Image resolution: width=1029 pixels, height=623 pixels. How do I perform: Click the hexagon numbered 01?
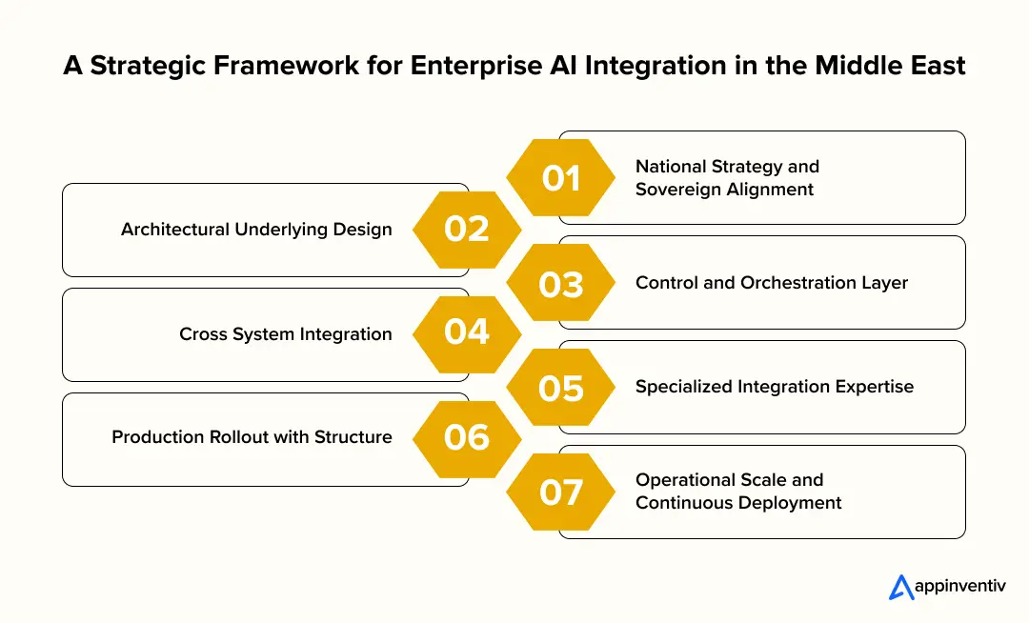[x=560, y=178]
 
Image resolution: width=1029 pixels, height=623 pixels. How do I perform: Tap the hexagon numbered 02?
[x=467, y=230]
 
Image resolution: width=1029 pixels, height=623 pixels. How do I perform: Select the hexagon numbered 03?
[x=560, y=283]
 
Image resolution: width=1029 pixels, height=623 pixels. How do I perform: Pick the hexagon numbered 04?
[x=467, y=333]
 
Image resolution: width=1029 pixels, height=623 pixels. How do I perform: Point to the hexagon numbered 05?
[x=560, y=388]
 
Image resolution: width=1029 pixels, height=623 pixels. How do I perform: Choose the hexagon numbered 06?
[x=467, y=437]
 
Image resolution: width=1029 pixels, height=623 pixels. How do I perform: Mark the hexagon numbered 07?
[x=560, y=492]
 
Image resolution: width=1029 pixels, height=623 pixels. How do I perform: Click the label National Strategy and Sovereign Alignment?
[x=727, y=178]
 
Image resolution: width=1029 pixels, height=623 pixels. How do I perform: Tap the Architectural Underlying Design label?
[x=256, y=230]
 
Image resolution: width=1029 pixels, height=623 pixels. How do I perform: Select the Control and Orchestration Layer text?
[x=772, y=283]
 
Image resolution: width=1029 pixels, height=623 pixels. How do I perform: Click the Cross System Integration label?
[x=285, y=334]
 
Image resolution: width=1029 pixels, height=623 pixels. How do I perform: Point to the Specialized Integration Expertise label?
[x=774, y=387]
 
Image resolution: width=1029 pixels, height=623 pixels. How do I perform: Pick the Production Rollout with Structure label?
[x=252, y=437]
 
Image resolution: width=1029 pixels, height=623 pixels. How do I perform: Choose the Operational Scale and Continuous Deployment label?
[x=738, y=492]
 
